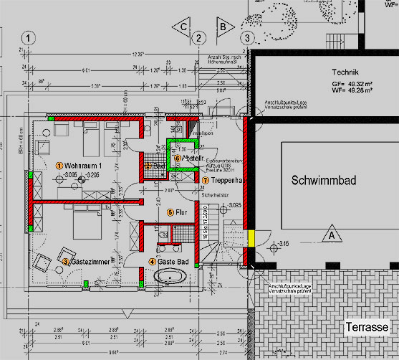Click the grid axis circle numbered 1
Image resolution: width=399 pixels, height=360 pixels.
[x=28, y=37]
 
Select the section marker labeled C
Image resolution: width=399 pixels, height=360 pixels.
[x=184, y=27]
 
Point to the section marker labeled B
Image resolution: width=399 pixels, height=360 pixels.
[x=223, y=27]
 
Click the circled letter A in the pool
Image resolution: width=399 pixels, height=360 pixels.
[x=331, y=234]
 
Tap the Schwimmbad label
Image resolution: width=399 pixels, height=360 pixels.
[x=324, y=182]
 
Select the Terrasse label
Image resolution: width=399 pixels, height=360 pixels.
[x=365, y=326]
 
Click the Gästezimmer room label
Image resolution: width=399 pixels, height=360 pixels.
[x=90, y=262]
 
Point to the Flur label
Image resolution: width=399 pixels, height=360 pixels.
[x=182, y=212]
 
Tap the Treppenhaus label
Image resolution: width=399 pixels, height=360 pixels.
[x=228, y=180]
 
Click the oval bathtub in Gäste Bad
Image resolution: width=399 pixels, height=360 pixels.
[x=170, y=278]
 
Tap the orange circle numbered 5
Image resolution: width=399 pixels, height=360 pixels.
[x=170, y=212]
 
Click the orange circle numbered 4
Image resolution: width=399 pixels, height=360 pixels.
[x=152, y=262]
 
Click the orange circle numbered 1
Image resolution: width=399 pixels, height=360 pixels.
[x=59, y=166]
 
